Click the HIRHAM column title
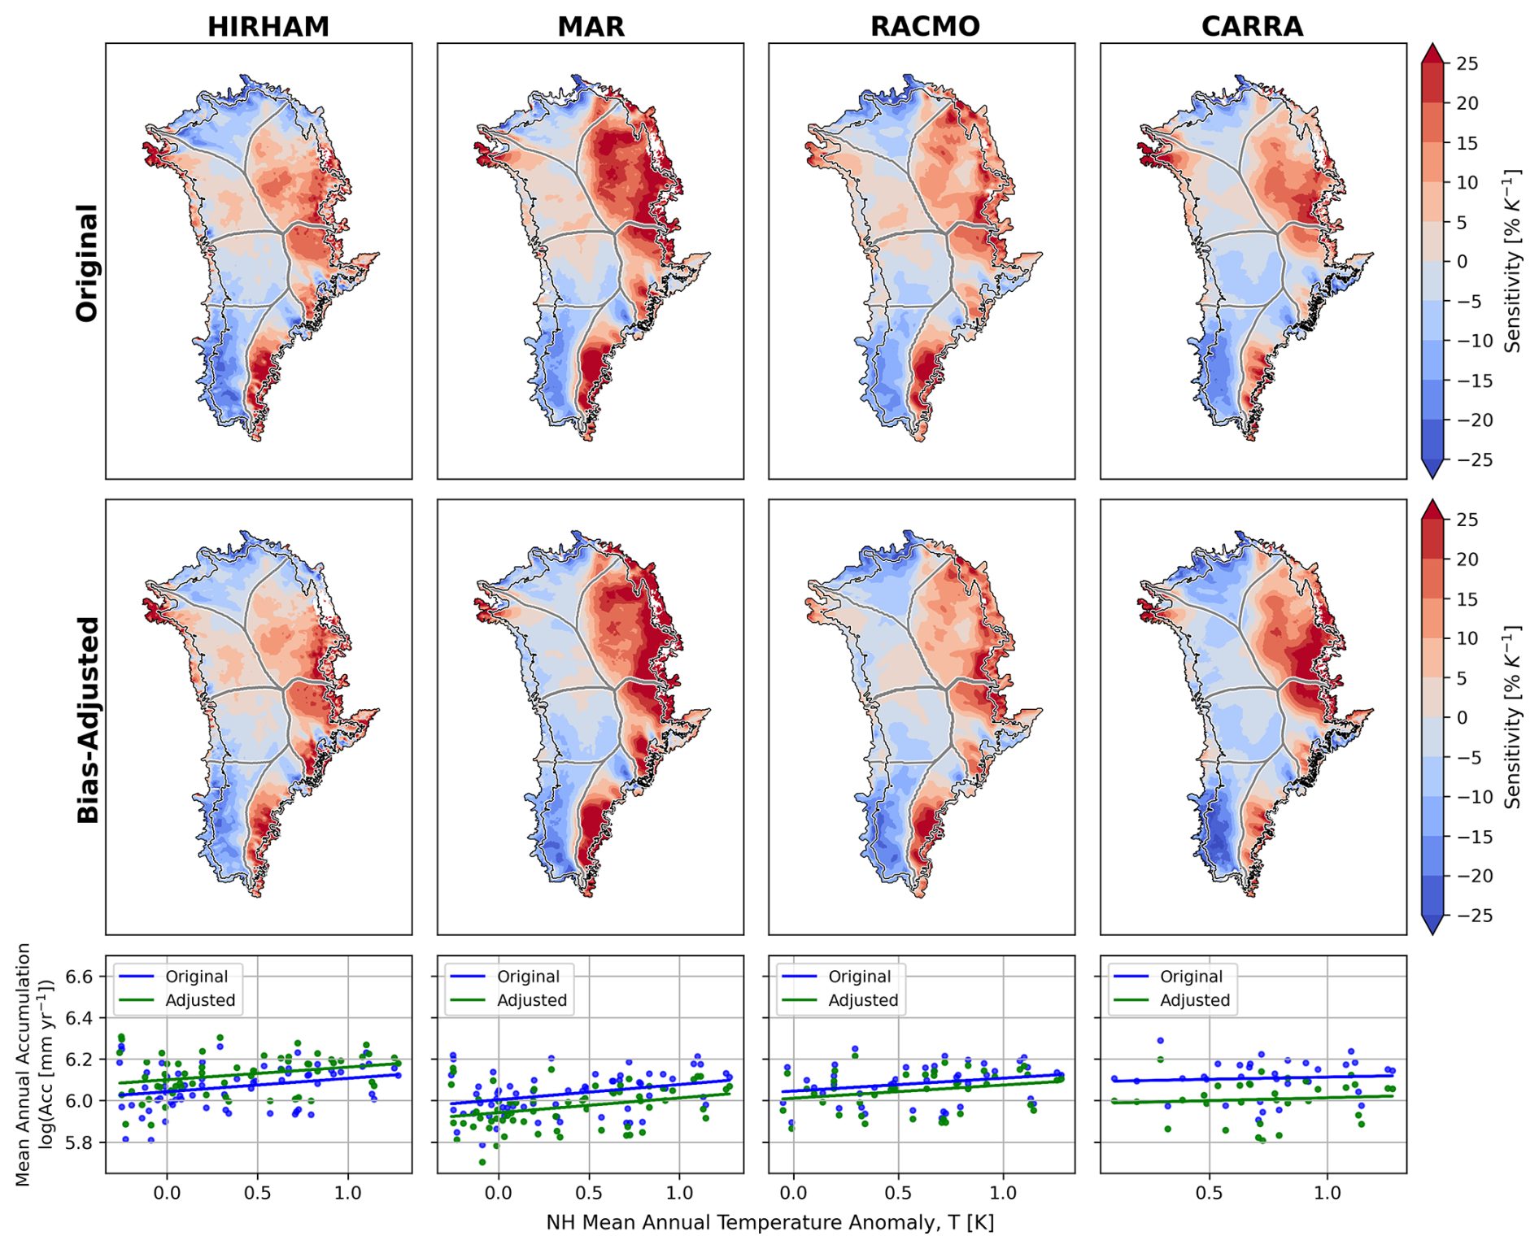pos(268,27)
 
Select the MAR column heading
pos(591,27)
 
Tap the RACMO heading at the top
pos(925,27)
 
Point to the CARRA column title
pos(1252,27)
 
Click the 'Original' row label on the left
pos(87,263)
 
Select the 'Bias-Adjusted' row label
pos(87,720)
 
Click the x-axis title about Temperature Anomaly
pos(769,1223)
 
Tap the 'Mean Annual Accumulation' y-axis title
pos(24,1064)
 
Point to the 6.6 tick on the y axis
pos(80,977)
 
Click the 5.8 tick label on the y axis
pos(80,1142)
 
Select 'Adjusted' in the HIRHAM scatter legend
pos(200,1000)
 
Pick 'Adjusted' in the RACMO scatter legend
pos(863,1000)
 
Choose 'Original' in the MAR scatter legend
pos(528,977)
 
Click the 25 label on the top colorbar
pos(1467,64)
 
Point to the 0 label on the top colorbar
pos(1462,262)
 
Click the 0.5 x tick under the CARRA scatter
pos(1209,1193)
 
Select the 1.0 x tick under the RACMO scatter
pos(1003,1193)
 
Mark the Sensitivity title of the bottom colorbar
pos(1512,716)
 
